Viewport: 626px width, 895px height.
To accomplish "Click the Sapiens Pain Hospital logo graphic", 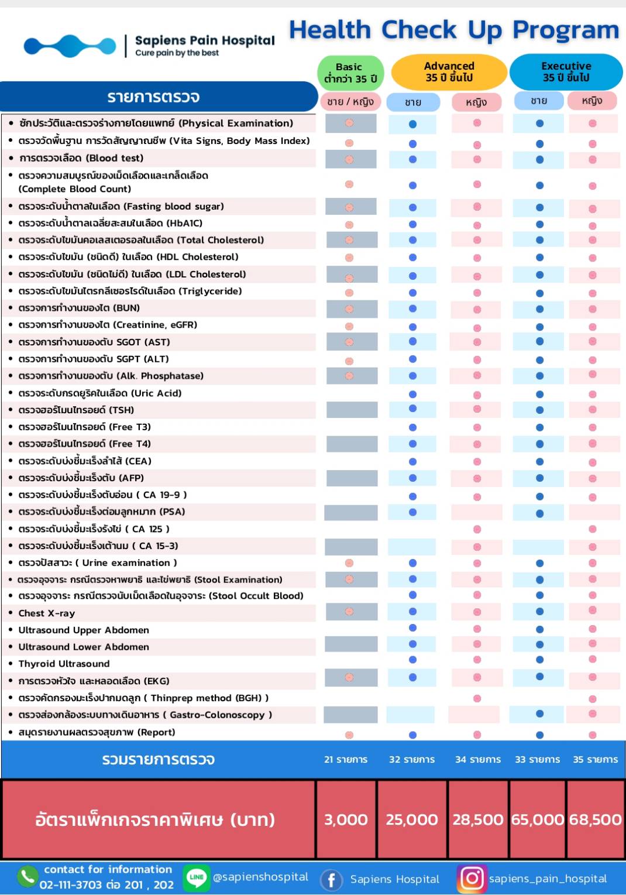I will [x=70, y=46].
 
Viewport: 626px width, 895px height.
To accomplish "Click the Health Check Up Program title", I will [x=454, y=30].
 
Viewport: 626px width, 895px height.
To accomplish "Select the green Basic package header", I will [x=350, y=73].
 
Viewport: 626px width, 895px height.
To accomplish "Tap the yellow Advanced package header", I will [x=449, y=72].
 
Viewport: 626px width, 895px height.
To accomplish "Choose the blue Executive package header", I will [x=566, y=72].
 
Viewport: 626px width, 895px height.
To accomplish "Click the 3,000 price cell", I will [x=346, y=819].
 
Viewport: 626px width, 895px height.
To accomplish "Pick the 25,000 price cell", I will [x=411, y=819].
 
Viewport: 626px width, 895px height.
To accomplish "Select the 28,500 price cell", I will [x=477, y=819].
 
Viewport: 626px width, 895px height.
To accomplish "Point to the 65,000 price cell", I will [x=537, y=819].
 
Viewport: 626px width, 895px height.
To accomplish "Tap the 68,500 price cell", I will [x=595, y=819].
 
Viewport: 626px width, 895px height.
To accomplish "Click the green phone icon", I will [x=27, y=876].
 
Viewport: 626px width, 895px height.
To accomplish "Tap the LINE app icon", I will [x=196, y=877].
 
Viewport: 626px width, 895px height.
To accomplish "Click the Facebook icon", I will [x=331, y=879].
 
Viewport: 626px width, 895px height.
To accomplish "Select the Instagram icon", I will [x=472, y=878].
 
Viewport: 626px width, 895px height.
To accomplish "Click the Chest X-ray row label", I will [x=47, y=613].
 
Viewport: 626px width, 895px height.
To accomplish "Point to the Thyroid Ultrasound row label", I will [x=64, y=664].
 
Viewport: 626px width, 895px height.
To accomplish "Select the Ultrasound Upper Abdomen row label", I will [x=84, y=630].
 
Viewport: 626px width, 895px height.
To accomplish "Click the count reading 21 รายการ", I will [x=346, y=759].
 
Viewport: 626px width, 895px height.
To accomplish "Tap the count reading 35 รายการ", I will [x=595, y=759].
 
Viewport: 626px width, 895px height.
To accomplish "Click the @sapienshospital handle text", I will [x=260, y=877].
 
